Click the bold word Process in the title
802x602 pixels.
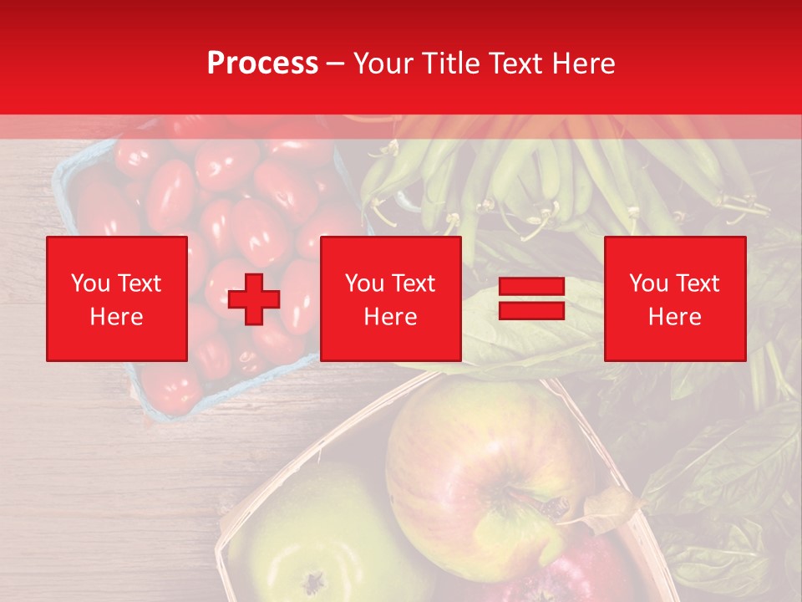tap(262, 64)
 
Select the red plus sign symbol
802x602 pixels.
tap(254, 298)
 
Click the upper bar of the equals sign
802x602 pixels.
tap(531, 287)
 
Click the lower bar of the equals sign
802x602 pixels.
tap(531, 310)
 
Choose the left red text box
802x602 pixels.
tap(117, 298)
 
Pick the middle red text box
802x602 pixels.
tap(390, 298)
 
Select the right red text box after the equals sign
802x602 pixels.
tap(674, 298)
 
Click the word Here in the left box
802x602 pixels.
tap(116, 317)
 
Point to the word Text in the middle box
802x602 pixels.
tap(414, 283)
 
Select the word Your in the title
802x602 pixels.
tap(380, 64)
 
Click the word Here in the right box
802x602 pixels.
tap(674, 317)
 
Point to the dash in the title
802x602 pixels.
tap(336, 64)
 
